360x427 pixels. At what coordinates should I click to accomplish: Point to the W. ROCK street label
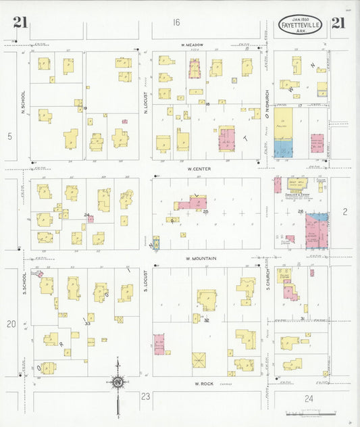(205, 384)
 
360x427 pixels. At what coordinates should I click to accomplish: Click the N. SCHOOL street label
(22, 103)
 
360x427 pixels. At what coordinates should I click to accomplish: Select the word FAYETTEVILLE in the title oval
(301, 25)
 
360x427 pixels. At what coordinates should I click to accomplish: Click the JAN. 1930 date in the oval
(301, 18)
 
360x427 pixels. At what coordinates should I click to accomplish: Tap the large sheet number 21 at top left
(20, 24)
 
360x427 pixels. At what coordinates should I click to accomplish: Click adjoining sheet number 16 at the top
(176, 22)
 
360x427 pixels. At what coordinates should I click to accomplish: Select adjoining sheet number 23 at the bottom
(145, 397)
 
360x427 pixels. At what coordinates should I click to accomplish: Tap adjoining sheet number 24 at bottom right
(309, 398)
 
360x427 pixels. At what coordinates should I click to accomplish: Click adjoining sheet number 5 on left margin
(10, 136)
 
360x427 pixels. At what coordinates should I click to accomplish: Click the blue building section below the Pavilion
(284, 149)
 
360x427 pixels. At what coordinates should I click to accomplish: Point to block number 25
(205, 212)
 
